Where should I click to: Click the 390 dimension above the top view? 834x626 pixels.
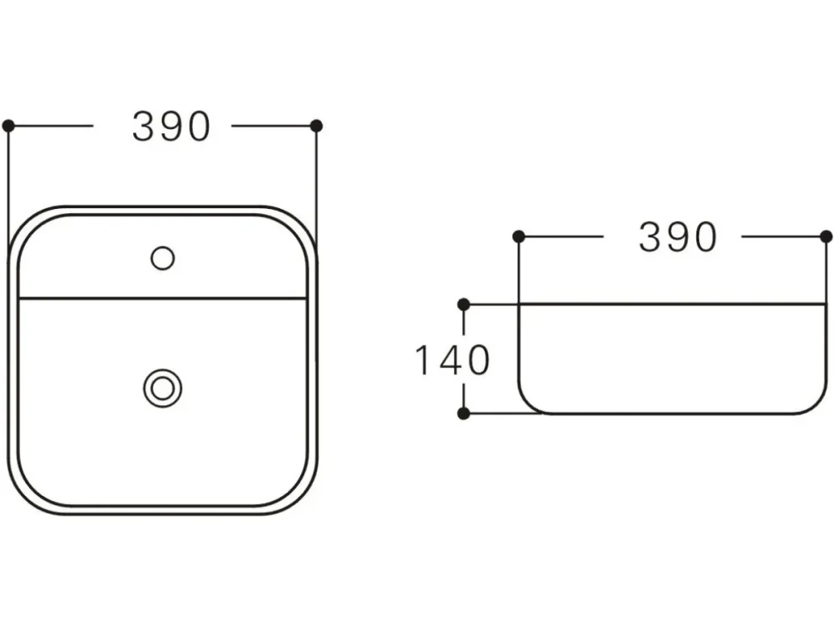[x=171, y=126]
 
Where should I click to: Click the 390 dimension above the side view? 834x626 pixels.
[x=678, y=236]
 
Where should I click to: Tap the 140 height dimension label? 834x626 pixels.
[x=452, y=360]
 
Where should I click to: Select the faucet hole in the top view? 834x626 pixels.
[x=163, y=259]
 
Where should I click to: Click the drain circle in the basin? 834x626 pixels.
[x=163, y=389]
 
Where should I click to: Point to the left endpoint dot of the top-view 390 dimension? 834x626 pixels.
[x=9, y=126]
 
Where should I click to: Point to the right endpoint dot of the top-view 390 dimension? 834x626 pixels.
[x=316, y=126]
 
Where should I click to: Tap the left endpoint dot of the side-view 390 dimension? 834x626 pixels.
[x=519, y=236]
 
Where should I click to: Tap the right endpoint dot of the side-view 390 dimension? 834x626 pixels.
[x=826, y=236]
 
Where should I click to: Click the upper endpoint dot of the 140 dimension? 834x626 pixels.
[x=463, y=304]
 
